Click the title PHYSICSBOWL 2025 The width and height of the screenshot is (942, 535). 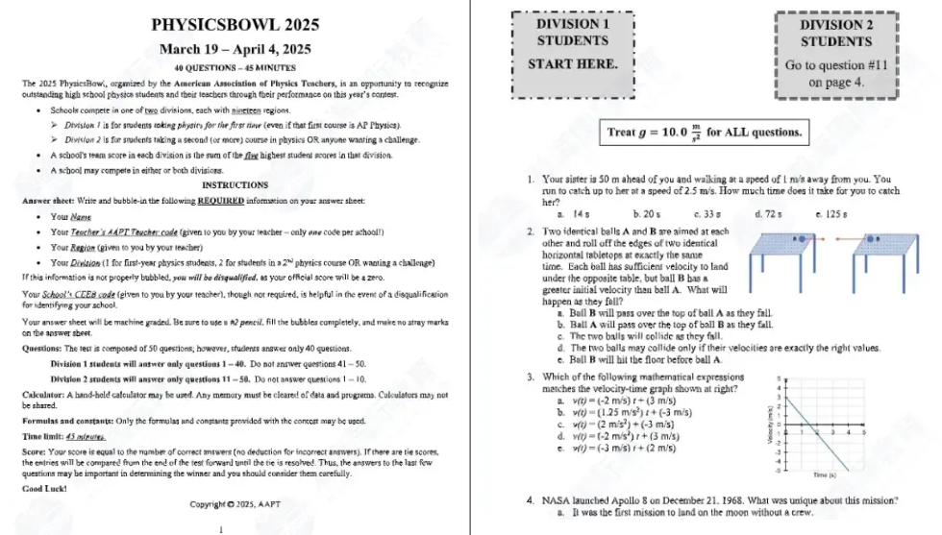pyautogui.click(x=235, y=24)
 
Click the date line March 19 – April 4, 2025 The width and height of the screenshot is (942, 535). pyautogui.click(x=235, y=49)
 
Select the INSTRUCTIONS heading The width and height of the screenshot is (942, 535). pyautogui.click(x=235, y=184)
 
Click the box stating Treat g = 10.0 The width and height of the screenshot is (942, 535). pyautogui.click(x=705, y=132)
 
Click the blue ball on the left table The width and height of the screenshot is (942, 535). pyautogui.click(x=798, y=237)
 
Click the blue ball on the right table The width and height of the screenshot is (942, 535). pyautogui.click(x=870, y=238)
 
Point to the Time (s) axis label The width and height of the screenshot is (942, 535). pyautogui.click(x=824, y=474)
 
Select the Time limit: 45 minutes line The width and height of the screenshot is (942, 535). pyautogui.click(x=63, y=435)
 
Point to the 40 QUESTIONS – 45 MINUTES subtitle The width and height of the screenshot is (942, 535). pyautogui.click(x=235, y=68)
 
